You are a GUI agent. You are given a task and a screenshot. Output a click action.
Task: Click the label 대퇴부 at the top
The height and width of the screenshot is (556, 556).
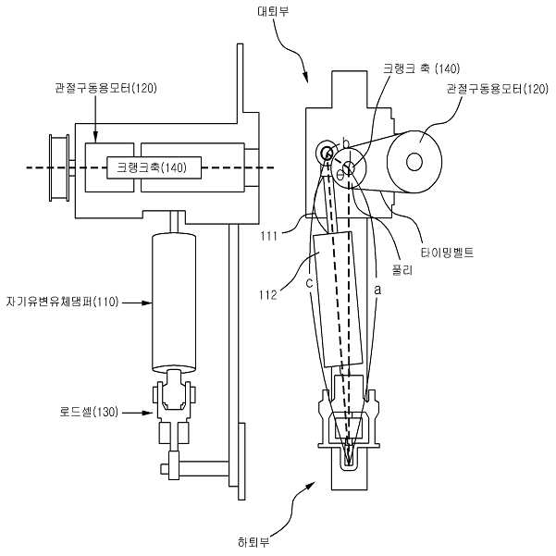273,11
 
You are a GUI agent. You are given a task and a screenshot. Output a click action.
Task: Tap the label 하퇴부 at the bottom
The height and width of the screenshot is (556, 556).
253,542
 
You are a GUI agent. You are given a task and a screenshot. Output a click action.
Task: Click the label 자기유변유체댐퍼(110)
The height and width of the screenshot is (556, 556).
62,303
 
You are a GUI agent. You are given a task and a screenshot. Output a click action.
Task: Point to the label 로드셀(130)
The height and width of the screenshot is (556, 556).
89,412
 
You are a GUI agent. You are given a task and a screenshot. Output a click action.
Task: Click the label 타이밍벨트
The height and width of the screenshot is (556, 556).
447,253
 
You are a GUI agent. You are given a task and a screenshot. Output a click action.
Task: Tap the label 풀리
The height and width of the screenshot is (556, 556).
402,270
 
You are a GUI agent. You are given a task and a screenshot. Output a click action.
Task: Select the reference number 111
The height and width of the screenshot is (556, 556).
268,236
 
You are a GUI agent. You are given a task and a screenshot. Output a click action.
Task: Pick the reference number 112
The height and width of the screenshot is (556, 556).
268,295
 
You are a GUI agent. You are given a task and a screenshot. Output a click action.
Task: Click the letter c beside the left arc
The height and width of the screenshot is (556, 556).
309,283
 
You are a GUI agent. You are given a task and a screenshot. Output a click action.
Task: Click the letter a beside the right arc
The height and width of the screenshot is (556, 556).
377,290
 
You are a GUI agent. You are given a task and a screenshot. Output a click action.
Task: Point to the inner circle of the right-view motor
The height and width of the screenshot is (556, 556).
414,163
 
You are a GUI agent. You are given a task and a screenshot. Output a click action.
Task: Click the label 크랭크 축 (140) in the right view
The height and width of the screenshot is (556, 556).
421,68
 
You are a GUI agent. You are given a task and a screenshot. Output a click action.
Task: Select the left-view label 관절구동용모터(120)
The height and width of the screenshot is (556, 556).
105,88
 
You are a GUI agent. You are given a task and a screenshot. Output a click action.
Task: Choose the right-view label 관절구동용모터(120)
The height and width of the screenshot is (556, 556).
497,88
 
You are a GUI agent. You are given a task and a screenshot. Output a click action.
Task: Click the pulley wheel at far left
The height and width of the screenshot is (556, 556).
59,167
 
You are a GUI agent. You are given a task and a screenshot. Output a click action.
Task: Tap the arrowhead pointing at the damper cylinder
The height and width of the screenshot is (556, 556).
147,303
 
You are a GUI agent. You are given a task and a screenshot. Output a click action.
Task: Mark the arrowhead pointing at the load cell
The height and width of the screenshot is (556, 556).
147,413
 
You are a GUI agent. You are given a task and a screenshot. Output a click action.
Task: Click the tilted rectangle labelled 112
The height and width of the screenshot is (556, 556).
339,299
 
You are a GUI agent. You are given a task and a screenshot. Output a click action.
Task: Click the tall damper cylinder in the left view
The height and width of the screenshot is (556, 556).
174,303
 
